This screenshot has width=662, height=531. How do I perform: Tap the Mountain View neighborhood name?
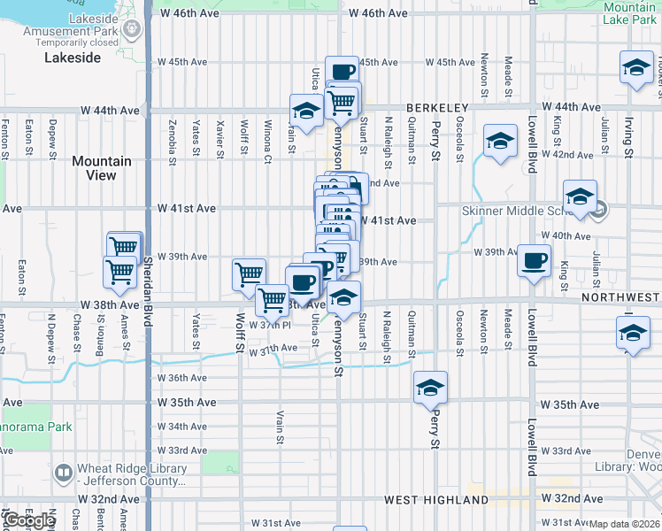pyautogui.click(x=102, y=168)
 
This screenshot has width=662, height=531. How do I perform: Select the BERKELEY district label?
pyautogui.click(x=437, y=108)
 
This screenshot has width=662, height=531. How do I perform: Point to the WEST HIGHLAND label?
pyautogui.click(x=425, y=500)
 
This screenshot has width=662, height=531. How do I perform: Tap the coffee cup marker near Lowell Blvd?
pyautogui.click(x=534, y=261)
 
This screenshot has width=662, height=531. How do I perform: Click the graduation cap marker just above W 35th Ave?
pyautogui.click(x=430, y=388)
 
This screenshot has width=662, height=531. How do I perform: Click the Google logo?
pyautogui.click(x=29, y=520)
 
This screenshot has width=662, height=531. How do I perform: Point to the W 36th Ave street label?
pyautogui.click(x=181, y=378)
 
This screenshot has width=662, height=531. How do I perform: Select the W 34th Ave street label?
pyautogui.click(x=181, y=427)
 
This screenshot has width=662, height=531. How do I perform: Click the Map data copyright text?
pyautogui.click(x=624, y=524)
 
